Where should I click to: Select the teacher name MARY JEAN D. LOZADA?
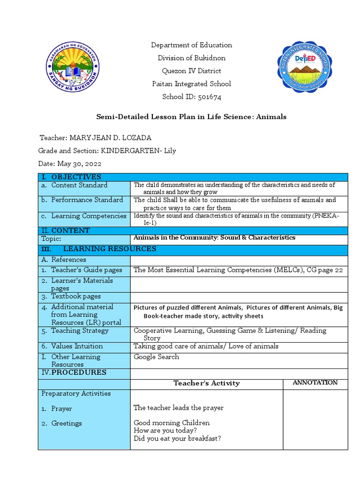coord(110,137)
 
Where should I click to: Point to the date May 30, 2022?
coord(79,164)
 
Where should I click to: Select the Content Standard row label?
coord(79,185)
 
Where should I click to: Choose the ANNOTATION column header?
coord(315,382)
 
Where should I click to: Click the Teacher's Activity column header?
coord(206,383)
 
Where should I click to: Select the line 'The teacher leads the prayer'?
coord(178,408)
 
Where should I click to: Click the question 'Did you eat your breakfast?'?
coord(177,439)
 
